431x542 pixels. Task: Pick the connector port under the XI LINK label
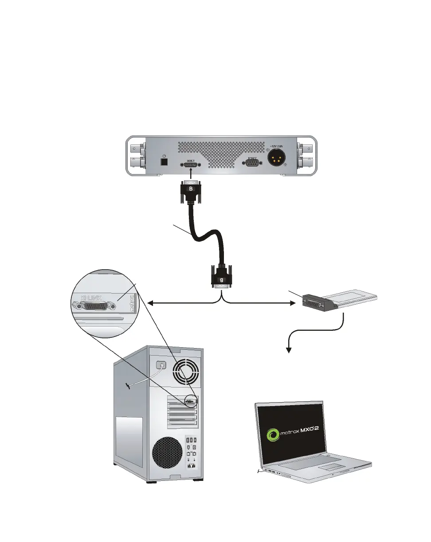click(x=95, y=305)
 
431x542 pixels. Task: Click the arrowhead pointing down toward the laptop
click(x=289, y=350)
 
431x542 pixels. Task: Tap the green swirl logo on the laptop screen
click(x=271, y=434)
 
